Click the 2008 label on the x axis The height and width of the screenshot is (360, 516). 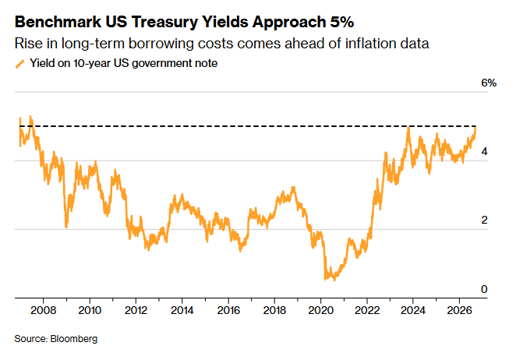click(43, 310)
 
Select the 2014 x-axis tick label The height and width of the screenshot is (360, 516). click(182, 310)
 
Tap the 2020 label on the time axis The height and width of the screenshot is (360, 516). click(321, 310)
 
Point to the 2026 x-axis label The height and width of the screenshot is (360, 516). click(459, 310)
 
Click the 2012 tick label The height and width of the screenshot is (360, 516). click(136, 310)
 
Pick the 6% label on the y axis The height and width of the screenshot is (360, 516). click(489, 83)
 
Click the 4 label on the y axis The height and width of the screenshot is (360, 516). click(484, 151)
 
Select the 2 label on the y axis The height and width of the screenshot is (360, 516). click(484, 221)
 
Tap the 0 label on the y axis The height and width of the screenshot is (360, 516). click(484, 289)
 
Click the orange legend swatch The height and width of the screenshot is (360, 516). click(20, 64)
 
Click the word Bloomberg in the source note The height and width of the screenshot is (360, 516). click(74, 339)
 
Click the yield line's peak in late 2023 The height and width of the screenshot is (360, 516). click(408, 127)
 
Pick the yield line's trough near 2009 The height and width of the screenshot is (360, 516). click(66, 227)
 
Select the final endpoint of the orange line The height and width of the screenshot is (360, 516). click(475, 128)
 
